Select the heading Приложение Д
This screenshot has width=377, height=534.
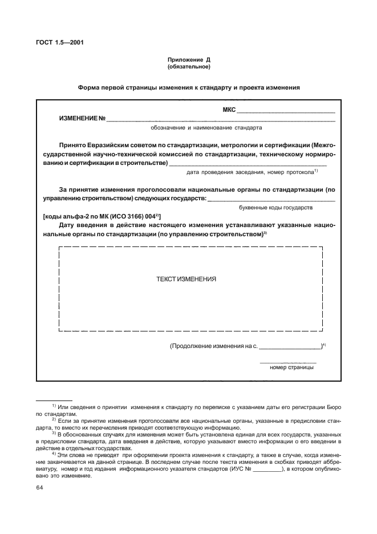189,60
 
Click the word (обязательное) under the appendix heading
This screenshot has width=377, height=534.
189,67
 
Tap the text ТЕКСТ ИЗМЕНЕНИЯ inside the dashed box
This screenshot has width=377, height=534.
186,280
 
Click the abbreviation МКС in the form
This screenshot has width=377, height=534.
229,110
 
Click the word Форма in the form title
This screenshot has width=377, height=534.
91,88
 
